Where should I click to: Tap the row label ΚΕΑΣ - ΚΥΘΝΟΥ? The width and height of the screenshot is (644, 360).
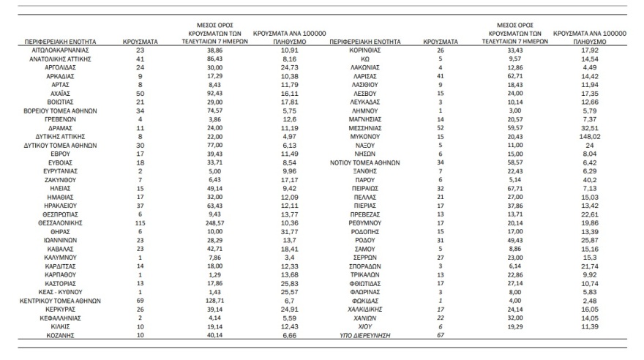pyautogui.click(x=61, y=292)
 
